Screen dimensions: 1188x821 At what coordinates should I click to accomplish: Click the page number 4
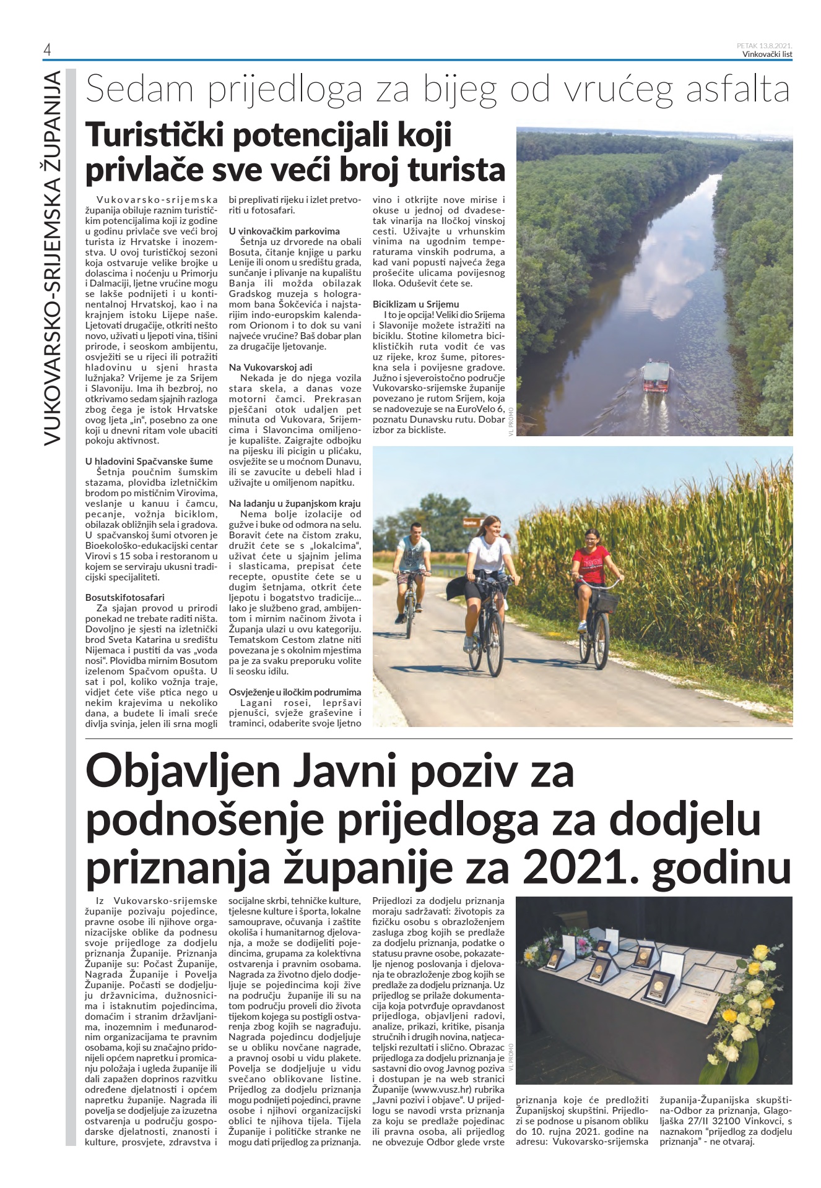(46, 51)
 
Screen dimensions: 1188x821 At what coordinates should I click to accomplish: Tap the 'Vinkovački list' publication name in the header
(767, 54)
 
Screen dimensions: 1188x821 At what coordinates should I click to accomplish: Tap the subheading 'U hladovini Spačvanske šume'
(149, 461)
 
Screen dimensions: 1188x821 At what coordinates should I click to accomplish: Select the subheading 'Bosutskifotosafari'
(125, 597)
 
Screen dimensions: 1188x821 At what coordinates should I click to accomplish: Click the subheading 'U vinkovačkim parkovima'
(284, 231)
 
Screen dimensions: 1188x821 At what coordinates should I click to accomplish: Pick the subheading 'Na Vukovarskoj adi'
(271, 367)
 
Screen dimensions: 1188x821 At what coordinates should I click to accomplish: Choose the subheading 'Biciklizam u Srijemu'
(415, 304)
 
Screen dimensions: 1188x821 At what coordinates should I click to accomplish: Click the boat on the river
(658, 376)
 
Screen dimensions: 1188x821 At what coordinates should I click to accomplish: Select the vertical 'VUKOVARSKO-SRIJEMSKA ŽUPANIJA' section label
(52, 257)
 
